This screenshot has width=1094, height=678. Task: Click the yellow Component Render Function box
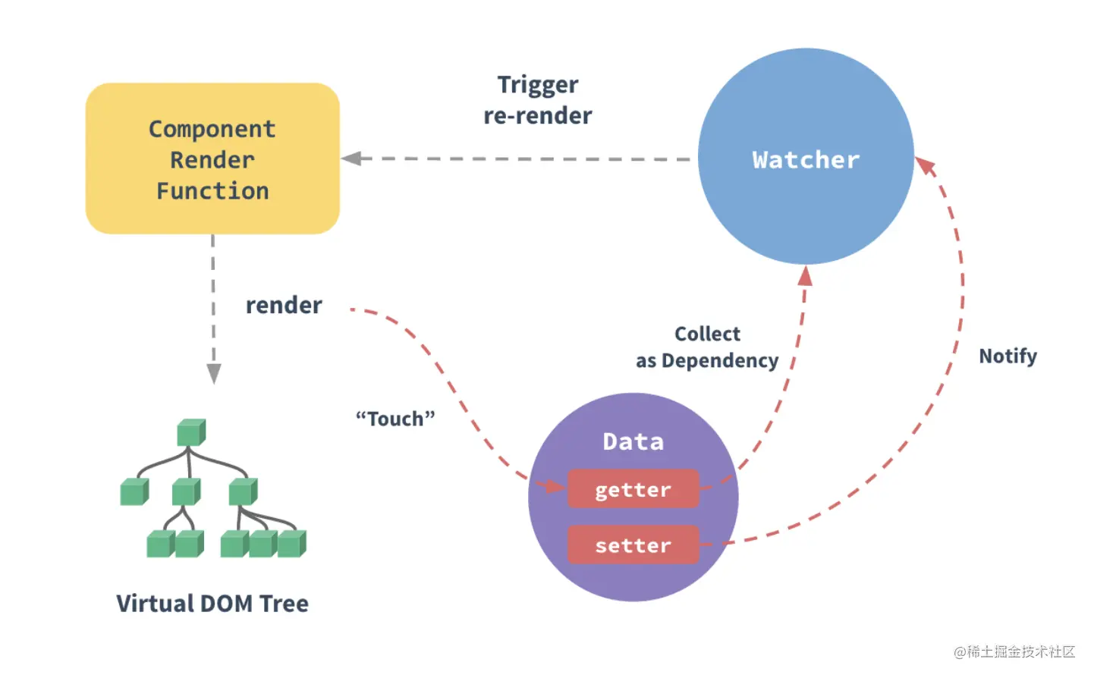point(212,159)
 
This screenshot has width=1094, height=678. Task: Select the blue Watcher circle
point(806,156)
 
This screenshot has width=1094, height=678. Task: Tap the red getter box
point(633,488)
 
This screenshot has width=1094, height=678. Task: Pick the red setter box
point(633,545)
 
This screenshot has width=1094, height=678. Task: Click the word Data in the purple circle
point(633,441)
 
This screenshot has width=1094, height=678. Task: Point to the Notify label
point(1008,356)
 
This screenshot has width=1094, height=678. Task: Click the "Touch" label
point(395,419)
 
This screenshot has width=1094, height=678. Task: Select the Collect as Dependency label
point(707,347)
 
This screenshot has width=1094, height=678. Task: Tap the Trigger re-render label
point(538,101)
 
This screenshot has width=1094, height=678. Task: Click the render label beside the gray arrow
point(284,306)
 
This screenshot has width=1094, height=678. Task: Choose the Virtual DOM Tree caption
point(212,604)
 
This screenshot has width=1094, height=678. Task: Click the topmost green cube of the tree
point(191,432)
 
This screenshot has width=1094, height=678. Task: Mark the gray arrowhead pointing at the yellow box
point(351,159)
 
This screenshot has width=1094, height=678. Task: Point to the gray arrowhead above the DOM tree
point(213,373)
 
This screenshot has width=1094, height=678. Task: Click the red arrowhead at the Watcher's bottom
point(806,276)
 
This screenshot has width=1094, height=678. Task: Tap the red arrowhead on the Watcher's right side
point(925,166)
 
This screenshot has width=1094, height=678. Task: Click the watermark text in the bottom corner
point(1014,651)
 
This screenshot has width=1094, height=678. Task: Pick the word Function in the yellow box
point(212,191)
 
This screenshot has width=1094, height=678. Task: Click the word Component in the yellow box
point(212,130)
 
